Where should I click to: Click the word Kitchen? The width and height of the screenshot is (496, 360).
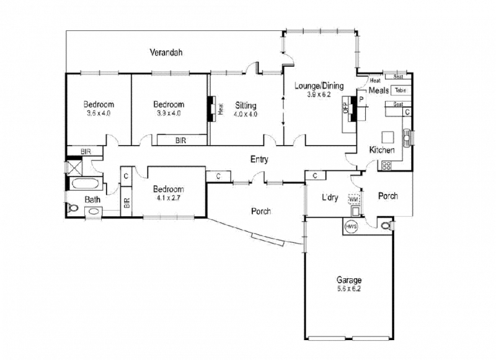point(381,151)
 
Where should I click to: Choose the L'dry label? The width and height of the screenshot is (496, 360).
point(330,198)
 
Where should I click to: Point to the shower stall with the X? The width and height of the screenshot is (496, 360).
point(76,167)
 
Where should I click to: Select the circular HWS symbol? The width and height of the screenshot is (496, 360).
point(353,226)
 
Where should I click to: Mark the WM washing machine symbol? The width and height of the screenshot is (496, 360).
point(353,200)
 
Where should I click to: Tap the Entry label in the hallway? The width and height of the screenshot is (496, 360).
point(259,159)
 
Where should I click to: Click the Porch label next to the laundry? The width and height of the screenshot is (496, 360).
point(387,196)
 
